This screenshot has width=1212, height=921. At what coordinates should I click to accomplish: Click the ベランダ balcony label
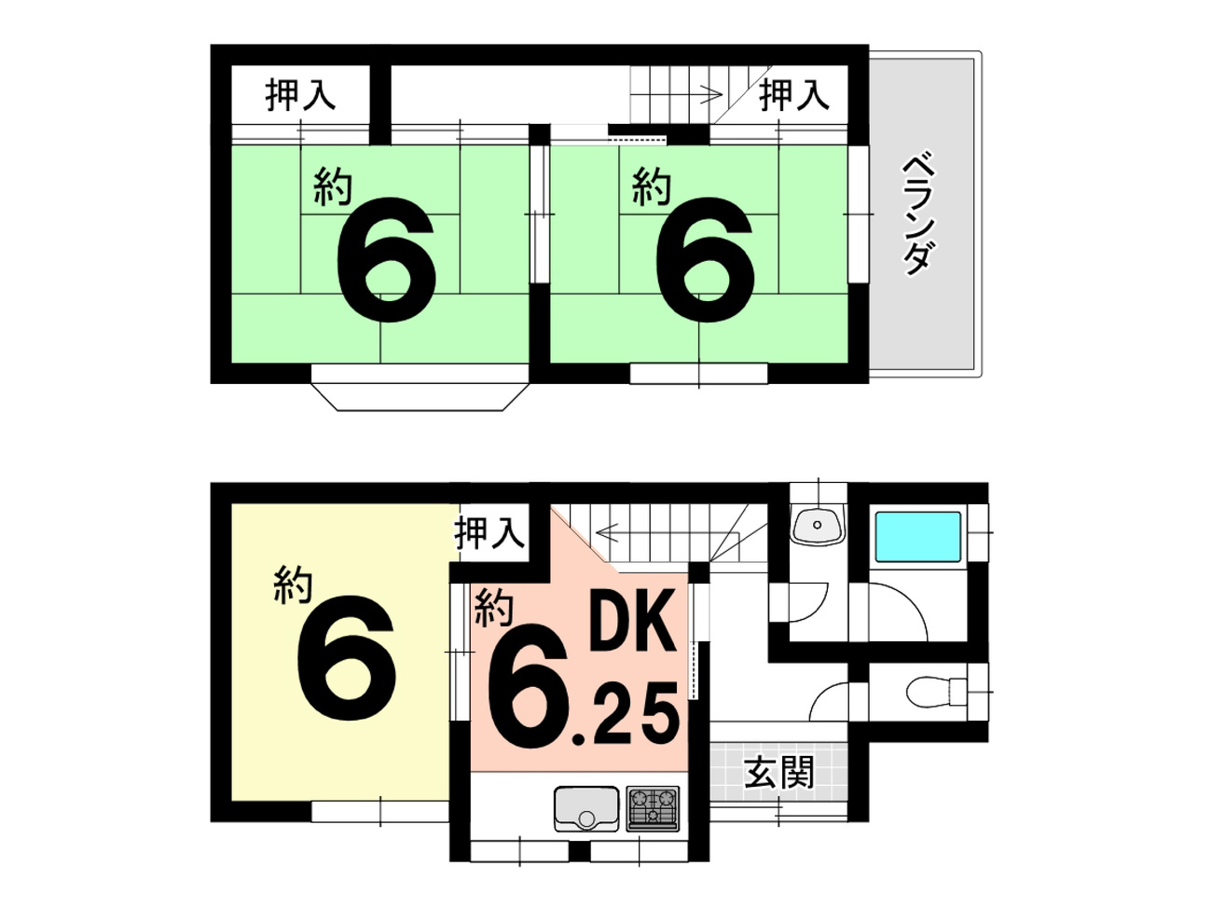coord(918,215)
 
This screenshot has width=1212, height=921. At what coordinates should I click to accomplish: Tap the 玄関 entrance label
coord(778,773)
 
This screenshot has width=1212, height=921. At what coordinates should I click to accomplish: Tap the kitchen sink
coord(585,809)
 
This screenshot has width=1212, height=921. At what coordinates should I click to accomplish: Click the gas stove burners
coord(653,809)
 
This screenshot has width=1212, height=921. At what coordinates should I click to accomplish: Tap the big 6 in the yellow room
coord(346,657)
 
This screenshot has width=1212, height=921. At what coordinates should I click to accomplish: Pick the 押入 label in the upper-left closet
coord(300,95)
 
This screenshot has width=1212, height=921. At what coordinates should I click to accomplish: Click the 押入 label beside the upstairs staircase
coord(794,95)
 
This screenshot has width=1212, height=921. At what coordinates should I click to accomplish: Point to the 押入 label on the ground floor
coord(489,532)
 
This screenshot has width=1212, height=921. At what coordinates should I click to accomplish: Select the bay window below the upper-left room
coord(420,388)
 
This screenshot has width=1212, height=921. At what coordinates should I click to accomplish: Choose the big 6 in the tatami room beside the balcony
coord(705,259)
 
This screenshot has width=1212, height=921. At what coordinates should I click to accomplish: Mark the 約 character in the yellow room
coord(293,584)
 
